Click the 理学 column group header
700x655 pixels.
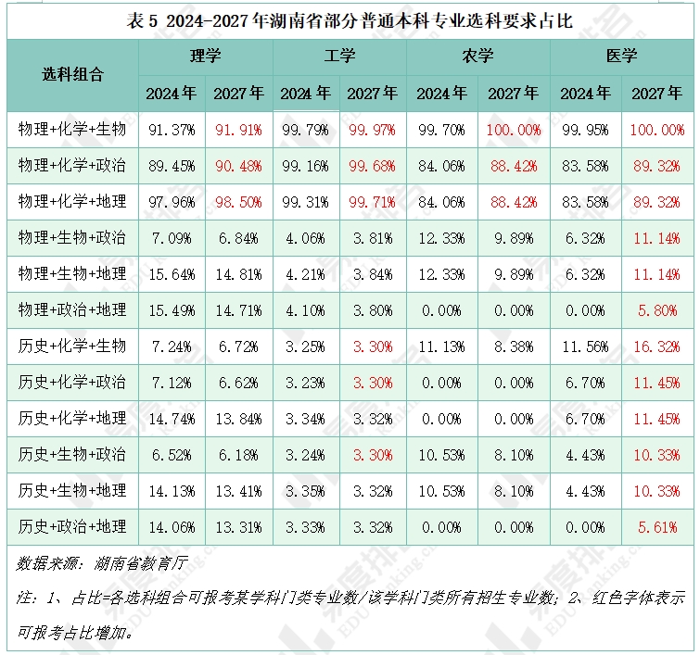[x=205, y=56]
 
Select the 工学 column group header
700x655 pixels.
[x=339, y=56]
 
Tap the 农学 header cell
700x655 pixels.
[x=477, y=56]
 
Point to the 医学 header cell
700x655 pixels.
[x=621, y=56]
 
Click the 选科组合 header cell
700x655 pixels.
[x=72, y=74]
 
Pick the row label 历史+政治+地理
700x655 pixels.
[x=72, y=526]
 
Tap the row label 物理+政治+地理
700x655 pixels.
[x=72, y=309]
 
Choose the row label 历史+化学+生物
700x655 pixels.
[x=72, y=346]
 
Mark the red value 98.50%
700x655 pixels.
[x=238, y=202]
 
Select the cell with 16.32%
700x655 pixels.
[x=656, y=346]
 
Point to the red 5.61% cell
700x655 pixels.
[x=656, y=526]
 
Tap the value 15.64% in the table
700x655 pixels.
[x=172, y=273]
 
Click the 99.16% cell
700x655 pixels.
[x=305, y=166]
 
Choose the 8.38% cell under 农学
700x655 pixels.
[x=513, y=346]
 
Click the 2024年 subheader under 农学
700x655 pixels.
[x=442, y=93]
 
